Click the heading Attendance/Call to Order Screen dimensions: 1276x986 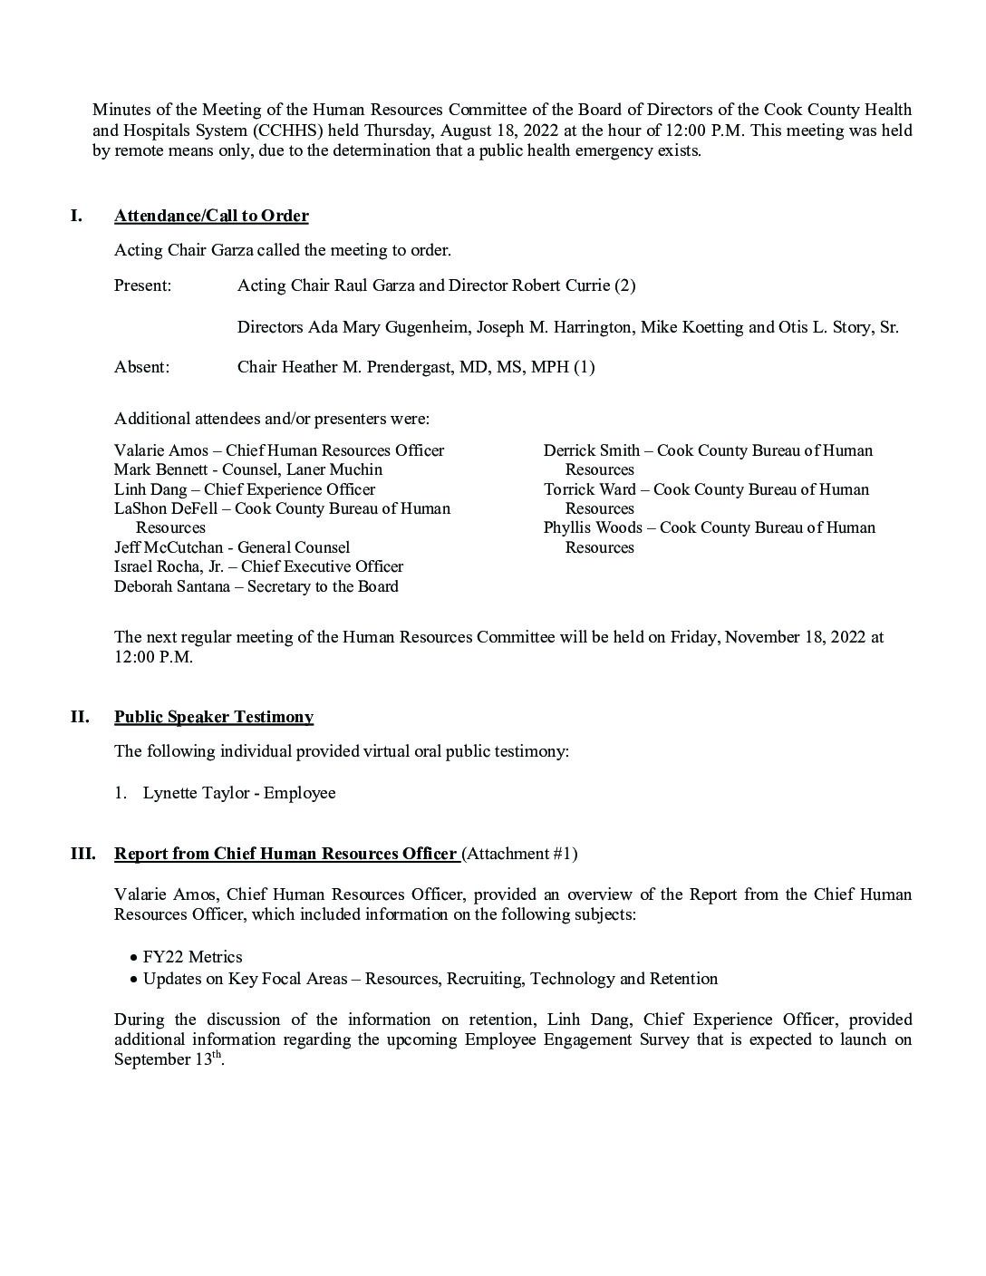pyautogui.click(x=211, y=216)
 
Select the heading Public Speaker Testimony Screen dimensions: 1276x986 pyautogui.click(x=214, y=717)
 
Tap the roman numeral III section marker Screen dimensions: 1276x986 pyautogui.click(x=82, y=854)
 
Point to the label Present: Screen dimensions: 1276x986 pyautogui.click(x=142, y=285)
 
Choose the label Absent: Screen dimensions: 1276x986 pyautogui.click(x=141, y=367)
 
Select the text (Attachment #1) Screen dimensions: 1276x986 pyautogui.click(x=519, y=854)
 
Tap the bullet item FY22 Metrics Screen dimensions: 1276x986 pyautogui.click(x=192, y=957)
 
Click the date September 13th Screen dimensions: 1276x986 pyautogui.click(x=168, y=1059)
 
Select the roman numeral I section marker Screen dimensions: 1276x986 pyautogui.click(x=76, y=216)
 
